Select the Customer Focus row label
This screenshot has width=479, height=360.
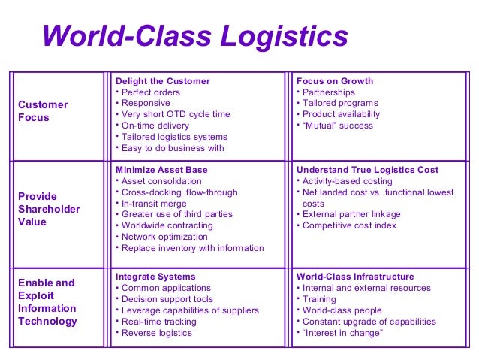(x=43, y=111)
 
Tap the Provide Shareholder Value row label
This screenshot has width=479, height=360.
(x=49, y=209)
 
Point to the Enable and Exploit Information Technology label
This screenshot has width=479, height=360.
(x=47, y=302)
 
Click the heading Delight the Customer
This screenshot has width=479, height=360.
(x=162, y=81)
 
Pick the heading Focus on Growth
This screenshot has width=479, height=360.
(x=335, y=81)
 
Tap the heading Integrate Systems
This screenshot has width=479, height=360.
(x=155, y=277)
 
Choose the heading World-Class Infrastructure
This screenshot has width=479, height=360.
(x=355, y=277)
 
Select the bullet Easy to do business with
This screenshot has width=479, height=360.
(x=172, y=148)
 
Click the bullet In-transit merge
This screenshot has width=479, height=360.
(x=153, y=204)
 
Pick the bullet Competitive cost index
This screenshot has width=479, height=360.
(x=349, y=225)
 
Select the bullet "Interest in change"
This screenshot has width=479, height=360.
(x=342, y=333)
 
